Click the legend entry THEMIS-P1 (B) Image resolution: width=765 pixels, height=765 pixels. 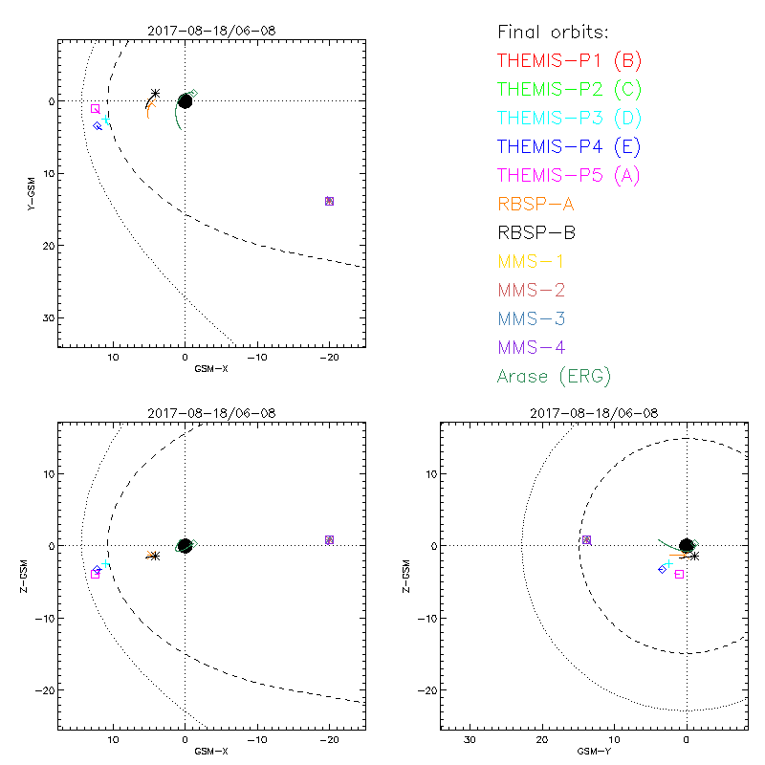(x=569, y=61)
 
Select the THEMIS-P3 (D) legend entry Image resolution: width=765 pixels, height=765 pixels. (x=569, y=119)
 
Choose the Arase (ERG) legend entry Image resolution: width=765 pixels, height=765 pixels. (x=554, y=376)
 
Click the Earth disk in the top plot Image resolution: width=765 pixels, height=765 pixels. (x=185, y=101)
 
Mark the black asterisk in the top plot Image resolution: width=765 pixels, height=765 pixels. (x=155, y=94)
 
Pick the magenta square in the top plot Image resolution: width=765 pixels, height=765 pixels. (x=95, y=109)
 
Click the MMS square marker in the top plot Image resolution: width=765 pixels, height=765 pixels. (x=329, y=201)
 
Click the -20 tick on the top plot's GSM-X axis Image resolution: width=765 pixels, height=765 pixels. (x=329, y=359)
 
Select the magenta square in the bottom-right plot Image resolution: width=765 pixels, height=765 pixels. (x=679, y=574)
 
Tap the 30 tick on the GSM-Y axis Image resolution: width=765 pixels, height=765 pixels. (x=470, y=740)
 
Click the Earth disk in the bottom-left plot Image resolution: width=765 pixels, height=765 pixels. (x=185, y=545)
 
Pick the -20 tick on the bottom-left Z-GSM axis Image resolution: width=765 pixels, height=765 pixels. (x=44, y=689)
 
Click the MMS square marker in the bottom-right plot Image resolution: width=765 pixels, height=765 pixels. (x=586, y=540)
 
